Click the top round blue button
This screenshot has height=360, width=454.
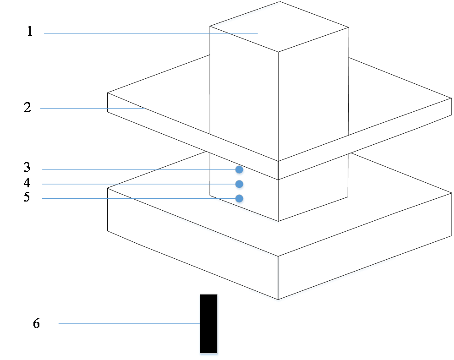pyautogui.click(x=240, y=171)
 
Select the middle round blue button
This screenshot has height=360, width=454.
pyautogui.click(x=240, y=185)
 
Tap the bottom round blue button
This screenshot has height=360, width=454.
pyautogui.click(x=240, y=200)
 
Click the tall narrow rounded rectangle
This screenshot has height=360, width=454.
pyautogui.click(x=209, y=325)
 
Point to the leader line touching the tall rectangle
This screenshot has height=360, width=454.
pyautogui.click(x=128, y=324)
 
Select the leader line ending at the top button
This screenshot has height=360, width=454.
pyautogui.click(x=137, y=169)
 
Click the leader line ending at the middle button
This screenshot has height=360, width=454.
pyautogui.click(x=137, y=184)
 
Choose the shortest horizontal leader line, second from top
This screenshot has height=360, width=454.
pyautogui.click(x=92, y=109)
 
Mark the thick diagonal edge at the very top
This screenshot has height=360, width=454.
pyautogui.click(x=245, y=15)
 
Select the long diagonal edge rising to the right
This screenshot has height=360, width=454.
pyautogui.click(x=338, y=279)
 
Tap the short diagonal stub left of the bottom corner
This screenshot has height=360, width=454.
pyautogui.click(x=263, y=295)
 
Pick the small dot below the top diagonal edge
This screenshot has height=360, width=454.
pyautogui.click(x=279, y=54)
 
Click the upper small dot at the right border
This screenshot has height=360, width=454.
pyautogui.click(x=452, y=99)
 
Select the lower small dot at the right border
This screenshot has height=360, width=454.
pyautogui.click(x=452, y=194)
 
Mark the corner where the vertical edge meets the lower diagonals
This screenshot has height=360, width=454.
pyautogui.click(x=279, y=301)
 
